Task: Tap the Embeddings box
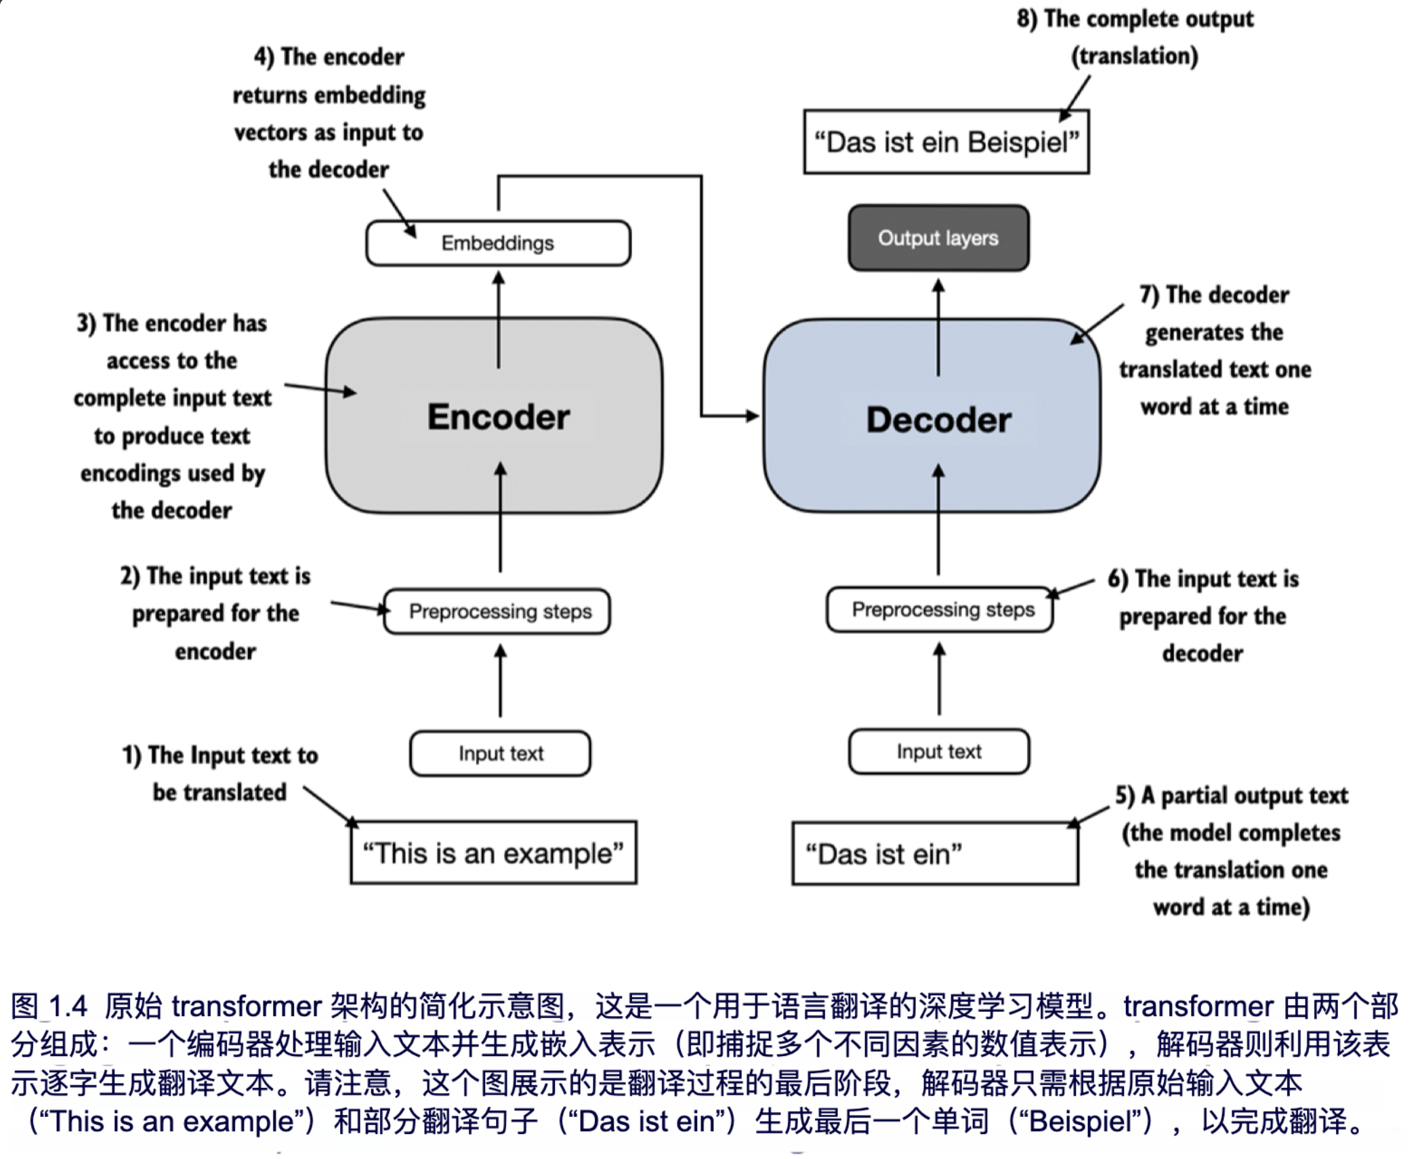pos(498,243)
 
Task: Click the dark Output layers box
pos(938,238)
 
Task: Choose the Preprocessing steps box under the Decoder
pos(940,609)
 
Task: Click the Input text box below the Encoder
pos(500,753)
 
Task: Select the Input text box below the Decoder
pos(939,751)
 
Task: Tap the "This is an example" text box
pos(493,853)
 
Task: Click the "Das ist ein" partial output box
pos(935,854)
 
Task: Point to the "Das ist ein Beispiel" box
pos(946,142)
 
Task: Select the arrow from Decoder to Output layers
pos(938,325)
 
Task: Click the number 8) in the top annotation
pos(1026,19)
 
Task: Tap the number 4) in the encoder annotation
pos(264,57)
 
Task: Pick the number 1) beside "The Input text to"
pos(131,755)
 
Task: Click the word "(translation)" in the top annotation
pos(1134,56)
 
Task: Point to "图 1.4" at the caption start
pos(49,1006)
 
